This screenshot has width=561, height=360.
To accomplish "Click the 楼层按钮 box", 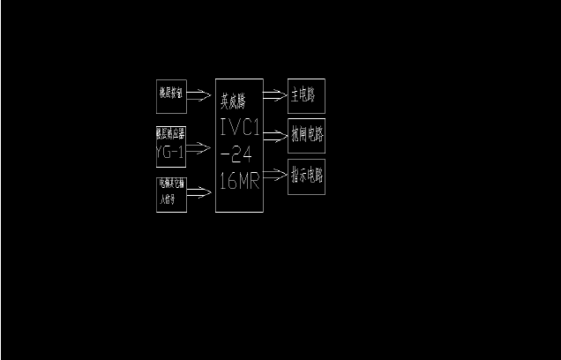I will tap(171, 95).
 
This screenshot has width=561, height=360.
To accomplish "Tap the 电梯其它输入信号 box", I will tap(171, 193).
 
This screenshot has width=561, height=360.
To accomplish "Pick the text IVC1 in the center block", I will tap(239, 127).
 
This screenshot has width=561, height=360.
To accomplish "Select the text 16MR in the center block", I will tap(239, 182).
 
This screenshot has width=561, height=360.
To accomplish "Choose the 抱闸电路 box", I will tap(306, 134).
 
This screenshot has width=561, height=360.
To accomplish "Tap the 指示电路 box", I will tap(306, 176).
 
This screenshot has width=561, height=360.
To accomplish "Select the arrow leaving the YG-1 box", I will tap(200, 147).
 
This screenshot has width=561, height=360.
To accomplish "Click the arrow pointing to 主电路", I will tap(275, 91).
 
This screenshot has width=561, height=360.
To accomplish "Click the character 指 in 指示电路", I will tap(295, 176).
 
